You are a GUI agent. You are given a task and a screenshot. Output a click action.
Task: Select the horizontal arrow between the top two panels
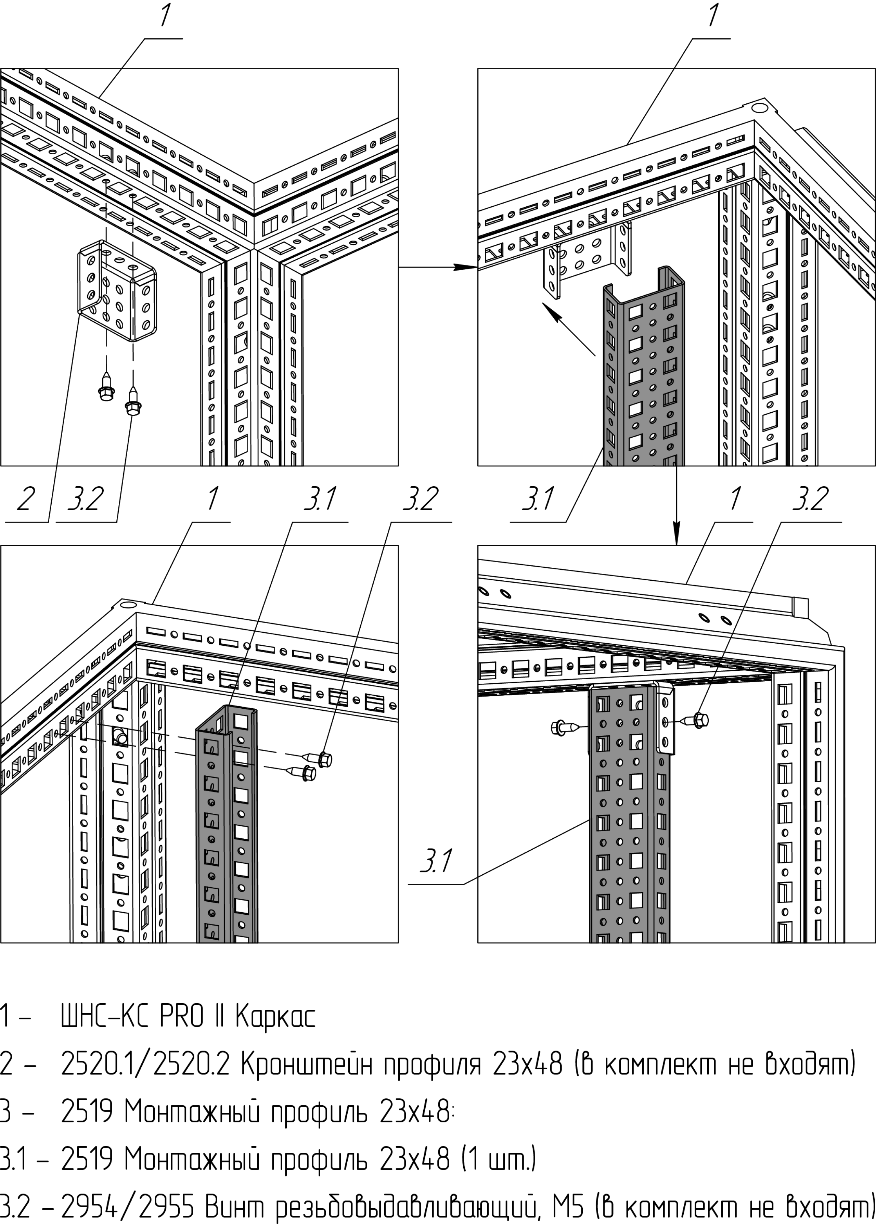[438, 267]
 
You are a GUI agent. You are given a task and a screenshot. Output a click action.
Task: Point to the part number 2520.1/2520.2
[146, 1064]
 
